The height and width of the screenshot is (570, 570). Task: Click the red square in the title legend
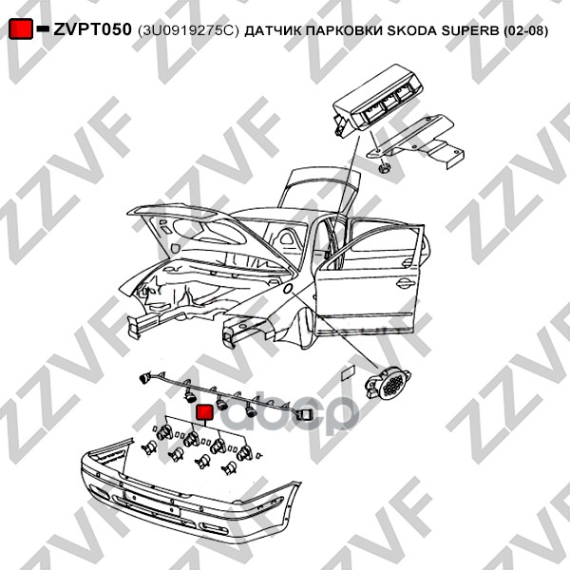coord(20,30)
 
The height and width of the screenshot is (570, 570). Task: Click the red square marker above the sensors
coord(203,412)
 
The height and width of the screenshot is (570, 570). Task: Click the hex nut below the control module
coord(384,168)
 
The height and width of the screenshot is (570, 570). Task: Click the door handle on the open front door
coord(404,281)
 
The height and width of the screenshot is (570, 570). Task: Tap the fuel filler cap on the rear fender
coord(285,286)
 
